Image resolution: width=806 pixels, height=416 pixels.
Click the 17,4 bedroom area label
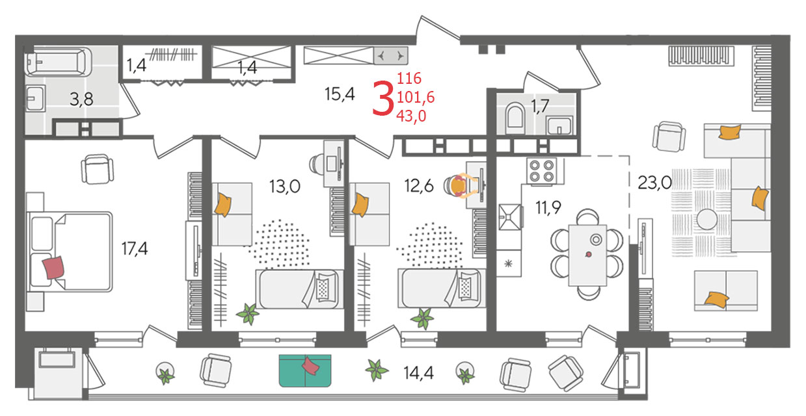tap(134, 248)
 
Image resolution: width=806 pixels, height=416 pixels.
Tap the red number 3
tap(383, 99)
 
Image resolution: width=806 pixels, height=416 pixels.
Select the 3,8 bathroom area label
tap(81, 99)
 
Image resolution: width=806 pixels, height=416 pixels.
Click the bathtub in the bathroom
tap(59, 62)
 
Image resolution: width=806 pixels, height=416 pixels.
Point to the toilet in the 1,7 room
tap(515, 116)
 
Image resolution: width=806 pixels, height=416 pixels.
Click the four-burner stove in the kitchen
tap(541, 171)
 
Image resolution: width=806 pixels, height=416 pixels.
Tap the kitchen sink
tap(510, 217)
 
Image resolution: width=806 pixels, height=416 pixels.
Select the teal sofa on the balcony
tap(304, 370)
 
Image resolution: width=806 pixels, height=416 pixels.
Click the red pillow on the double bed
tap(53, 268)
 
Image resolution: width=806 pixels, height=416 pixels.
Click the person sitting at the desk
tap(462, 186)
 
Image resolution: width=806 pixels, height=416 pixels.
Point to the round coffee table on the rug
tap(706, 219)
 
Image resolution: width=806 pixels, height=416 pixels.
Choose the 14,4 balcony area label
tap(418, 373)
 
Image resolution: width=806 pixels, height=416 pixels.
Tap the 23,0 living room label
tap(654, 183)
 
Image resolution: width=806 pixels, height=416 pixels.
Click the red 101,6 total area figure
tap(416, 97)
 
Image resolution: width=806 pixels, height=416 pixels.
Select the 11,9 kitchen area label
tap(548, 207)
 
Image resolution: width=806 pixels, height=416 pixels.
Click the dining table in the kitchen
tap(587, 255)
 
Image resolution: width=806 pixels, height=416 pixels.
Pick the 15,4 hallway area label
tap(340, 94)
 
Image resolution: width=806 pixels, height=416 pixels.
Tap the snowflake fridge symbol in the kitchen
tap(508, 264)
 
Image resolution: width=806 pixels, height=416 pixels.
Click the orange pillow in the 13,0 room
tap(222, 205)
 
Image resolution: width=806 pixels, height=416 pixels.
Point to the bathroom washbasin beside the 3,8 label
tap(35, 98)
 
